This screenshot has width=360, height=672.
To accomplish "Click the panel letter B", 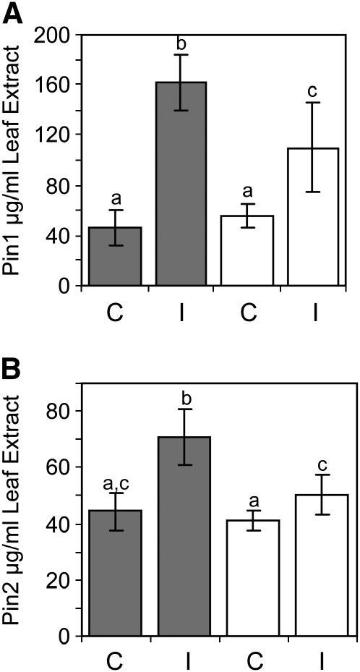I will [14, 365].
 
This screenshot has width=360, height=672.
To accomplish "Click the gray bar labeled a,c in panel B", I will [115, 573].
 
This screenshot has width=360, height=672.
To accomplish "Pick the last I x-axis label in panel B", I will [313, 660].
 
